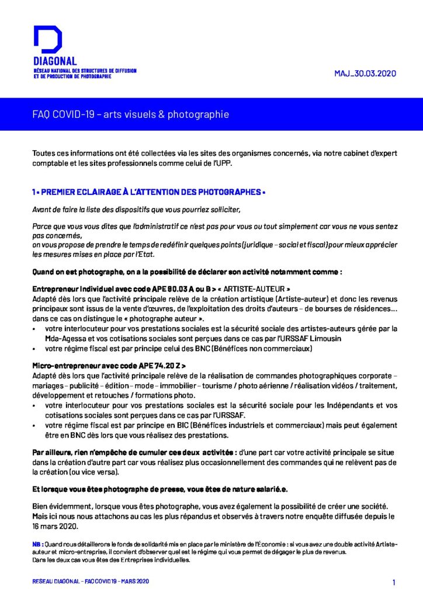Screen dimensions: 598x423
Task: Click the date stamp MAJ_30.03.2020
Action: (365, 74)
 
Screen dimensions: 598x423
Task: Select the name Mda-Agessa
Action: (64, 338)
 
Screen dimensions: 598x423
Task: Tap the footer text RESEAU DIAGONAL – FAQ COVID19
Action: (76, 582)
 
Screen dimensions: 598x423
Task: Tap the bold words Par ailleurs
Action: (51, 453)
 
